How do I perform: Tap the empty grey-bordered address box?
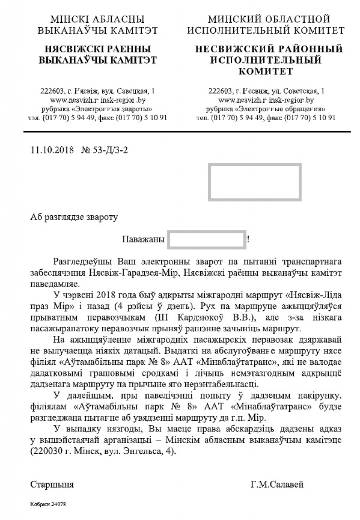click(254, 182)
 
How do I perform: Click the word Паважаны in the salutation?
click(143, 239)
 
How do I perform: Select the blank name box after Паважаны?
click(207, 240)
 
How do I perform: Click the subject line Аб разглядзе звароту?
click(74, 217)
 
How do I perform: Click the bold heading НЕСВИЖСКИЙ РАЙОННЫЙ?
click(269, 50)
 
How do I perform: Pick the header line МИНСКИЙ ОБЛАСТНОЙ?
click(269, 19)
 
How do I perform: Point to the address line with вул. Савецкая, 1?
click(98, 91)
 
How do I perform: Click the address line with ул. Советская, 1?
click(266, 91)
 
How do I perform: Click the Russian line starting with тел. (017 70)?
click(266, 118)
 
